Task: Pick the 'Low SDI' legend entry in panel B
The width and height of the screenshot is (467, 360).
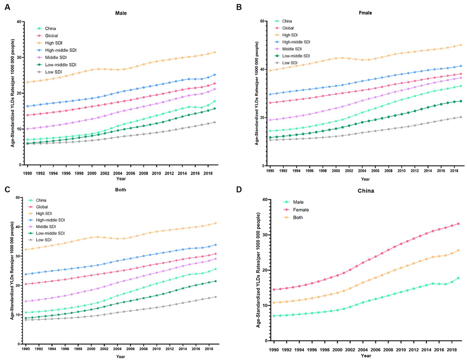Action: point(290,63)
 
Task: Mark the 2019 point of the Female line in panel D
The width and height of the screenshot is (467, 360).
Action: point(458,224)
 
